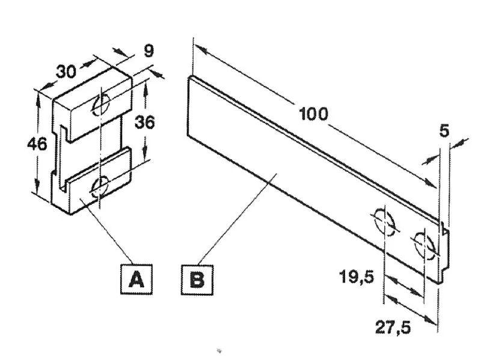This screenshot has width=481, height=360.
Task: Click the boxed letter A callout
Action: click(136, 279)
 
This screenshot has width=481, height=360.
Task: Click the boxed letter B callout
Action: click(197, 279)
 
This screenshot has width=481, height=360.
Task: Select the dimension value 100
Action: click(313, 114)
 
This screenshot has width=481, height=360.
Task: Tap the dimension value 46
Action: click(37, 144)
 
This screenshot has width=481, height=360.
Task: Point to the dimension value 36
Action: click(144, 123)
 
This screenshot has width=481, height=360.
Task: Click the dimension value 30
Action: click(66, 72)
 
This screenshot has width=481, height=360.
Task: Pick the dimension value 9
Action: click(149, 51)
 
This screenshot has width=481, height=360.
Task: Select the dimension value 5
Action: click(444, 130)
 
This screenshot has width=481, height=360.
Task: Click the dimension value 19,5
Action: click(357, 277)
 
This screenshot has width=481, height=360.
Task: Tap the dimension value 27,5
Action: click(393, 328)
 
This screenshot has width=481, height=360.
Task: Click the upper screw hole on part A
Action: click(101, 105)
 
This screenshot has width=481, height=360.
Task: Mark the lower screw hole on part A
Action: click(100, 186)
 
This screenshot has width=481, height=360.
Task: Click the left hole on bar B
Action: click(384, 222)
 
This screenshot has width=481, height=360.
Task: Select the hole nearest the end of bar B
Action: click(424, 243)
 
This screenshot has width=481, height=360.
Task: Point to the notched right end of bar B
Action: click(444, 251)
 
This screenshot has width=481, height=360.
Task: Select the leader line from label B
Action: click(238, 219)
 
